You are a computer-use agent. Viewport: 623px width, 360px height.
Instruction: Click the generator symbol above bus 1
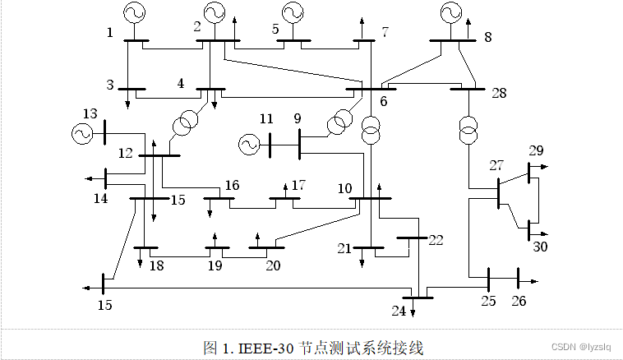pyautogui.click(x=133, y=12)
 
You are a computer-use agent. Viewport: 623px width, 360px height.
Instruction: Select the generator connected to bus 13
pyautogui.click(x=83, y=132)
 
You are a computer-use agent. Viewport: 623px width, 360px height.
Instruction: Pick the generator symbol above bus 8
pyautogui.click(x=450, y=12)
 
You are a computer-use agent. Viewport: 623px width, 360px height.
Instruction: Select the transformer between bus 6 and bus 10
pyautogui.click(x=371, y=128)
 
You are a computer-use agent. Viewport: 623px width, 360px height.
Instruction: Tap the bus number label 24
pyautogui.click(x=399, y=310)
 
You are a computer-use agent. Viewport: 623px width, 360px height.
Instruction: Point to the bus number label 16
pyautogui.click(x=232, y=185)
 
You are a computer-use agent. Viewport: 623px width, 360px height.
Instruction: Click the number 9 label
pyautogui.click(x=298, y=118)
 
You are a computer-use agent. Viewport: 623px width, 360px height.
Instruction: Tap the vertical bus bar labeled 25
pyautogui.click(x=489, y=279)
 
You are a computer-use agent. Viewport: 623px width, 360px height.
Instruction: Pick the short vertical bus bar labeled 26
pyautogui.click(x=518, y=279)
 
